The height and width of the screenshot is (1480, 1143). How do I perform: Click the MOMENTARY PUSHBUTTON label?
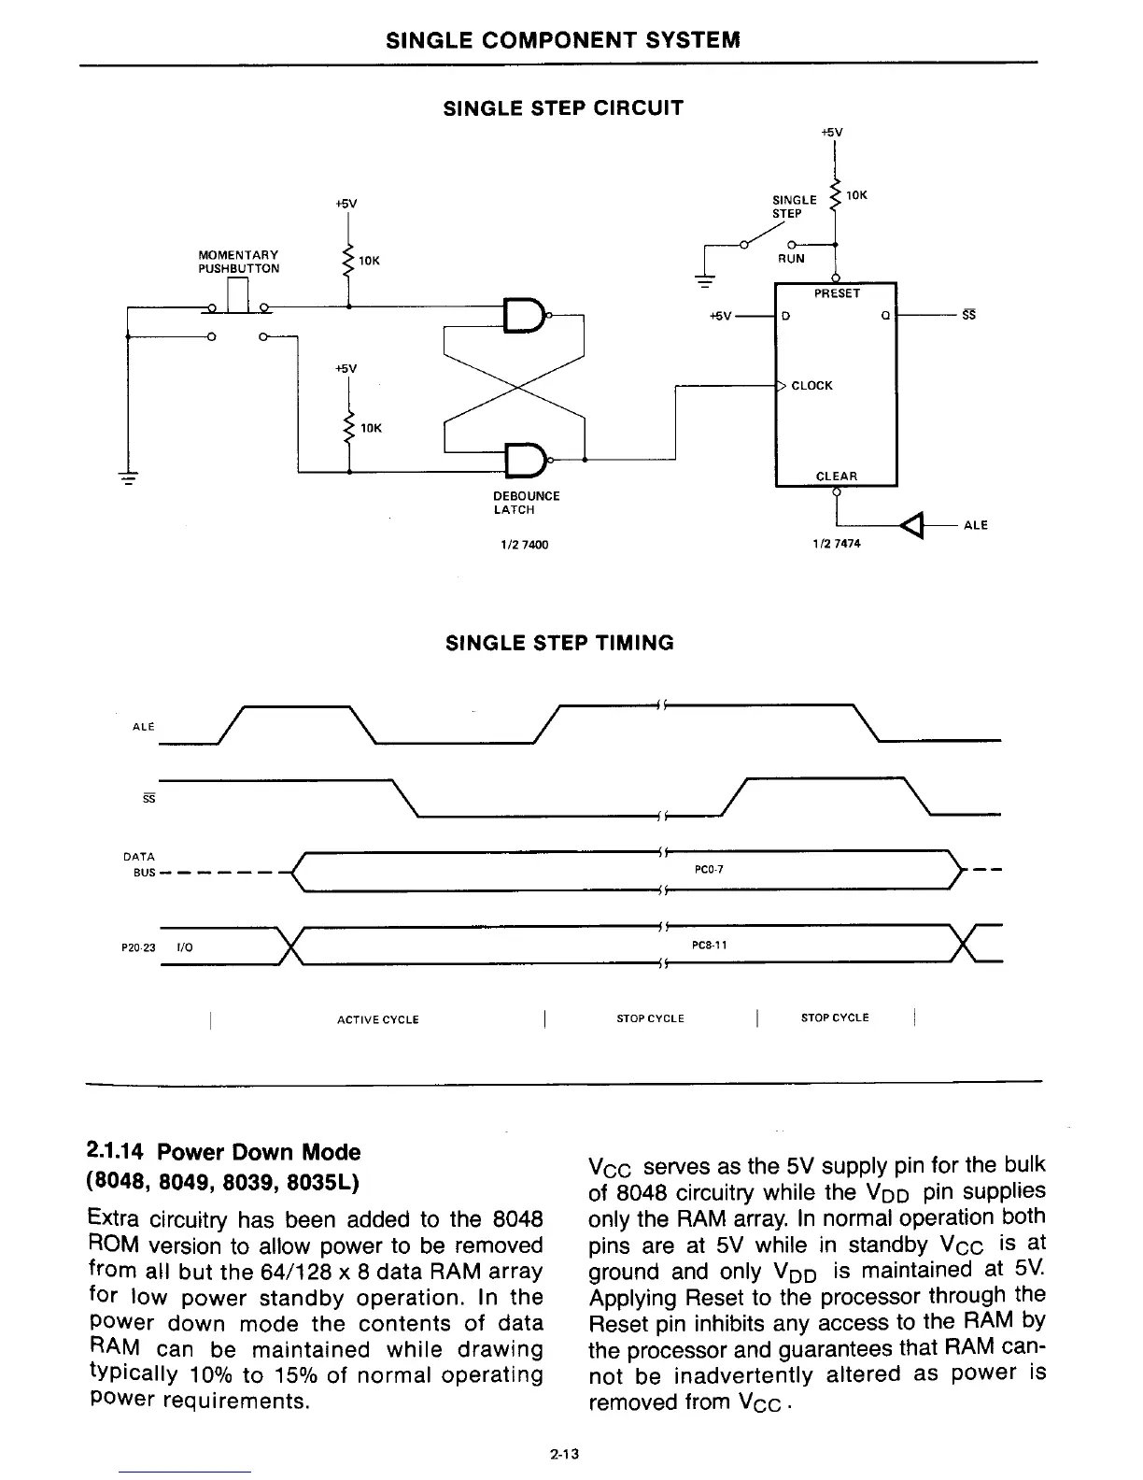238,262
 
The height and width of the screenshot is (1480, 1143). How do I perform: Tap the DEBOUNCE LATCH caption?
526,503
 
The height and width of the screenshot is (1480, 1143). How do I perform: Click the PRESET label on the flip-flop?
836,293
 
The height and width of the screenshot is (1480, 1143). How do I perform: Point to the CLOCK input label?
811,386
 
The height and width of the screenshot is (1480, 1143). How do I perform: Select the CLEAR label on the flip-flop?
836,476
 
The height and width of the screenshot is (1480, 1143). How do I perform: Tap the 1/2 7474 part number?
837,544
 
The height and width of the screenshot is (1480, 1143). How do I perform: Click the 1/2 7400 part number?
524,545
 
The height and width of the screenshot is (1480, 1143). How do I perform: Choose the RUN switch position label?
791,259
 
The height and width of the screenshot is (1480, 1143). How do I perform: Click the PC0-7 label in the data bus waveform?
710,870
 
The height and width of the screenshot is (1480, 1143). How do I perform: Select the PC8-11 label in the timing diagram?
710,945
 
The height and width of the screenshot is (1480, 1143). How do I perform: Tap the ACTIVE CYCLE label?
377,1019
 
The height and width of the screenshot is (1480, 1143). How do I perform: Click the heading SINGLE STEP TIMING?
559,643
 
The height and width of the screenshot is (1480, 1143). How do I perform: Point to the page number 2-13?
565,1454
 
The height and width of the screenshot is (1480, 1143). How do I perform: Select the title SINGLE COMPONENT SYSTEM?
563,40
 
